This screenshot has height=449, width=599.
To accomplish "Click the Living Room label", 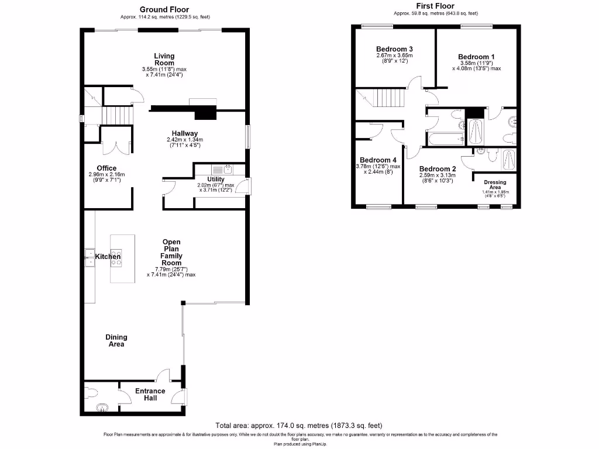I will (164, 59).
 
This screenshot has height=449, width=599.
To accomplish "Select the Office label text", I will (107, 168).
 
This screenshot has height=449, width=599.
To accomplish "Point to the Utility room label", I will (216, 179).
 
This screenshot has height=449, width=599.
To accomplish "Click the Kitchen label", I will (108, 257).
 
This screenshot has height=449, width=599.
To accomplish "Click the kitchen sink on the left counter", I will (90, 257).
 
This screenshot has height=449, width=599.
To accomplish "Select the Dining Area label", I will (116, 341).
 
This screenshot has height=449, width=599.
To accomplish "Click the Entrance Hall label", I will (150, 395).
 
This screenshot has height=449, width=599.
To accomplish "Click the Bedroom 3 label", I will (394, 49).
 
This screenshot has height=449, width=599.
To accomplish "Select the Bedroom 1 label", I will (476, 57).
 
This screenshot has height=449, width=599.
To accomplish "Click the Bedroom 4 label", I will (378, 160).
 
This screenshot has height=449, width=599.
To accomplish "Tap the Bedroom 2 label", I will (438, 168).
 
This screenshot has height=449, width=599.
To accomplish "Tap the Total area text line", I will (299, 425).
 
